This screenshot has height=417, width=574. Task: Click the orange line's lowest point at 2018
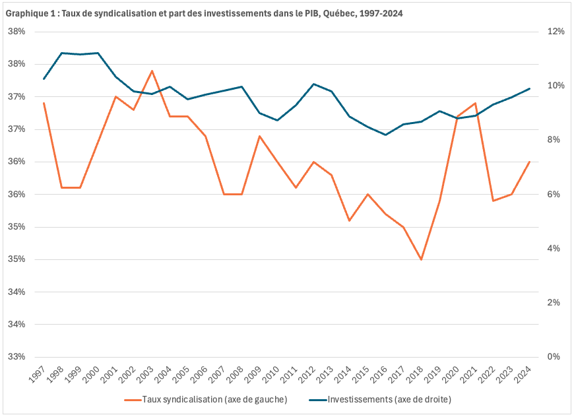tap(421, 259)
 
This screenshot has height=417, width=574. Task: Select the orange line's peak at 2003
tap(152, 71)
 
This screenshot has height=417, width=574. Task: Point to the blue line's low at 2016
tap(385, 135)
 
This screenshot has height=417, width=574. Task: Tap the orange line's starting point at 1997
tap(44, 103)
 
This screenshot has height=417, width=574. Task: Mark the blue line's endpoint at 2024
tap(529, 88)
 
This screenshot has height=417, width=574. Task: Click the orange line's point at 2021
tap(475, 103)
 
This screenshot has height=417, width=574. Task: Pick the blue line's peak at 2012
tap(313, 84)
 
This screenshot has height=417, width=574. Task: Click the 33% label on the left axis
tap(16, 356)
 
